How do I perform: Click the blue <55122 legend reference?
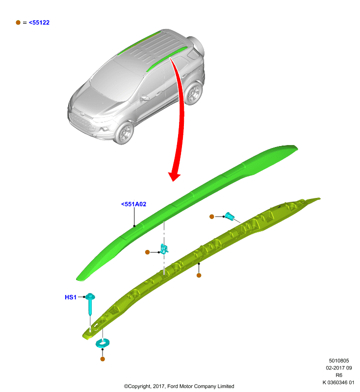click(x=39, y=23)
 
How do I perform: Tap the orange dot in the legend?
click(x=18, y=23)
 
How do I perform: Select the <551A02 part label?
click(x=133, y=204)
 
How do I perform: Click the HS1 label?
click(x=71, y=297)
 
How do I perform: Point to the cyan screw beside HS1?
click(x=90, y=303)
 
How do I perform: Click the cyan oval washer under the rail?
click(x=103, y=343)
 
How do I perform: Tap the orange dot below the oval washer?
click(x=103, y=359)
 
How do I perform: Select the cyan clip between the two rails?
click(x=164, y=249)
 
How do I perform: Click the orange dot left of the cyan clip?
click(x=147, y=252)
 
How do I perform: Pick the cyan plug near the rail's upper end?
click(x=230, y=216)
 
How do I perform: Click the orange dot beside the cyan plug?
click(x=212, y=217)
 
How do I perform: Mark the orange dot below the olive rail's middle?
click(x=199, y=275)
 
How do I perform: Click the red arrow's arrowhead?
click(x=174, y=176)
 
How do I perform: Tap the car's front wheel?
click(x=125, y=133)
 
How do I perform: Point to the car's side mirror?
click(x=144, y=98)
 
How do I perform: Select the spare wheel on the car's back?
click(x=197, y=46)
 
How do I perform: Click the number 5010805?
click(x=339, y=361)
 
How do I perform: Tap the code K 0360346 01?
click(x=338, y=383)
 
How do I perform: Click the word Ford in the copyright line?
click(x=173, y=386)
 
